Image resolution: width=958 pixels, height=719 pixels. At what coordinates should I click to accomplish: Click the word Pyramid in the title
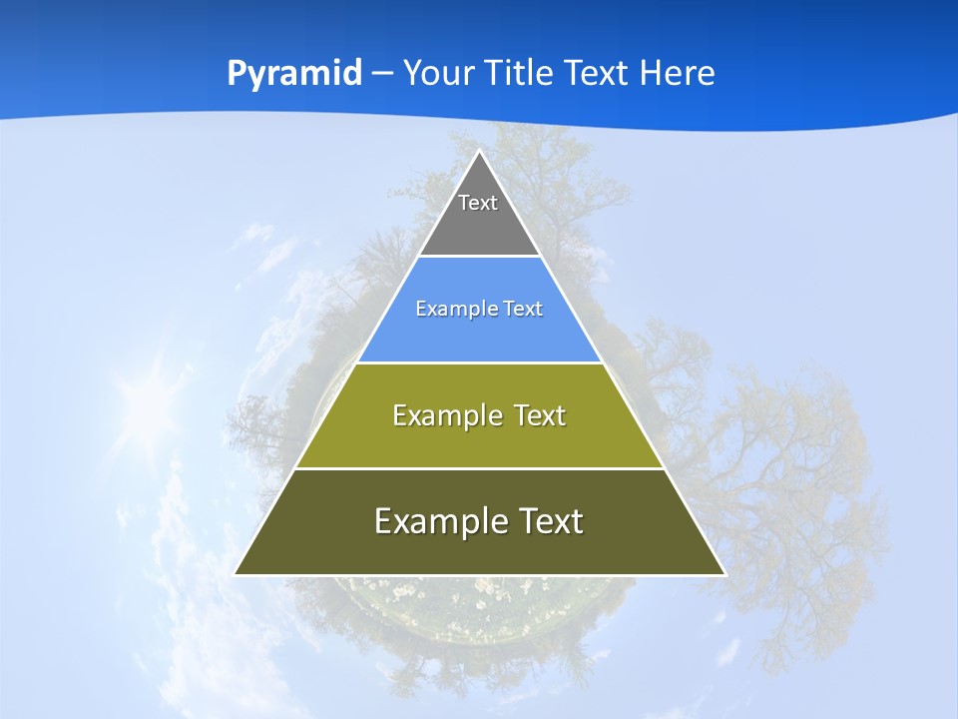click(x=294, y=74)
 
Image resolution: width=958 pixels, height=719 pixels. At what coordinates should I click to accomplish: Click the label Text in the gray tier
click(x=478, y=203)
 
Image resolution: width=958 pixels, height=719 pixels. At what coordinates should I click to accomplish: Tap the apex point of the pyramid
click(x=479, y=151)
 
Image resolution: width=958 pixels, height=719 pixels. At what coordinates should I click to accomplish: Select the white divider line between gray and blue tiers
click(x=479, y=257)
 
